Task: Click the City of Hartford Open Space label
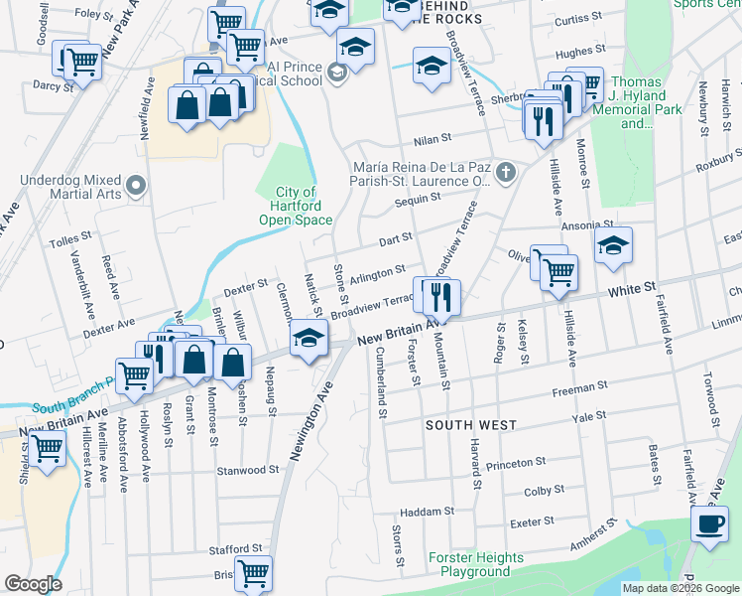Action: [296, 206]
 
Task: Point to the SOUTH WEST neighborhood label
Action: [470, 425]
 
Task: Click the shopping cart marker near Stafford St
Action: [253, 572]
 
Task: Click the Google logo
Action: [33, 584]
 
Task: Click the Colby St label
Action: [544, 490]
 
